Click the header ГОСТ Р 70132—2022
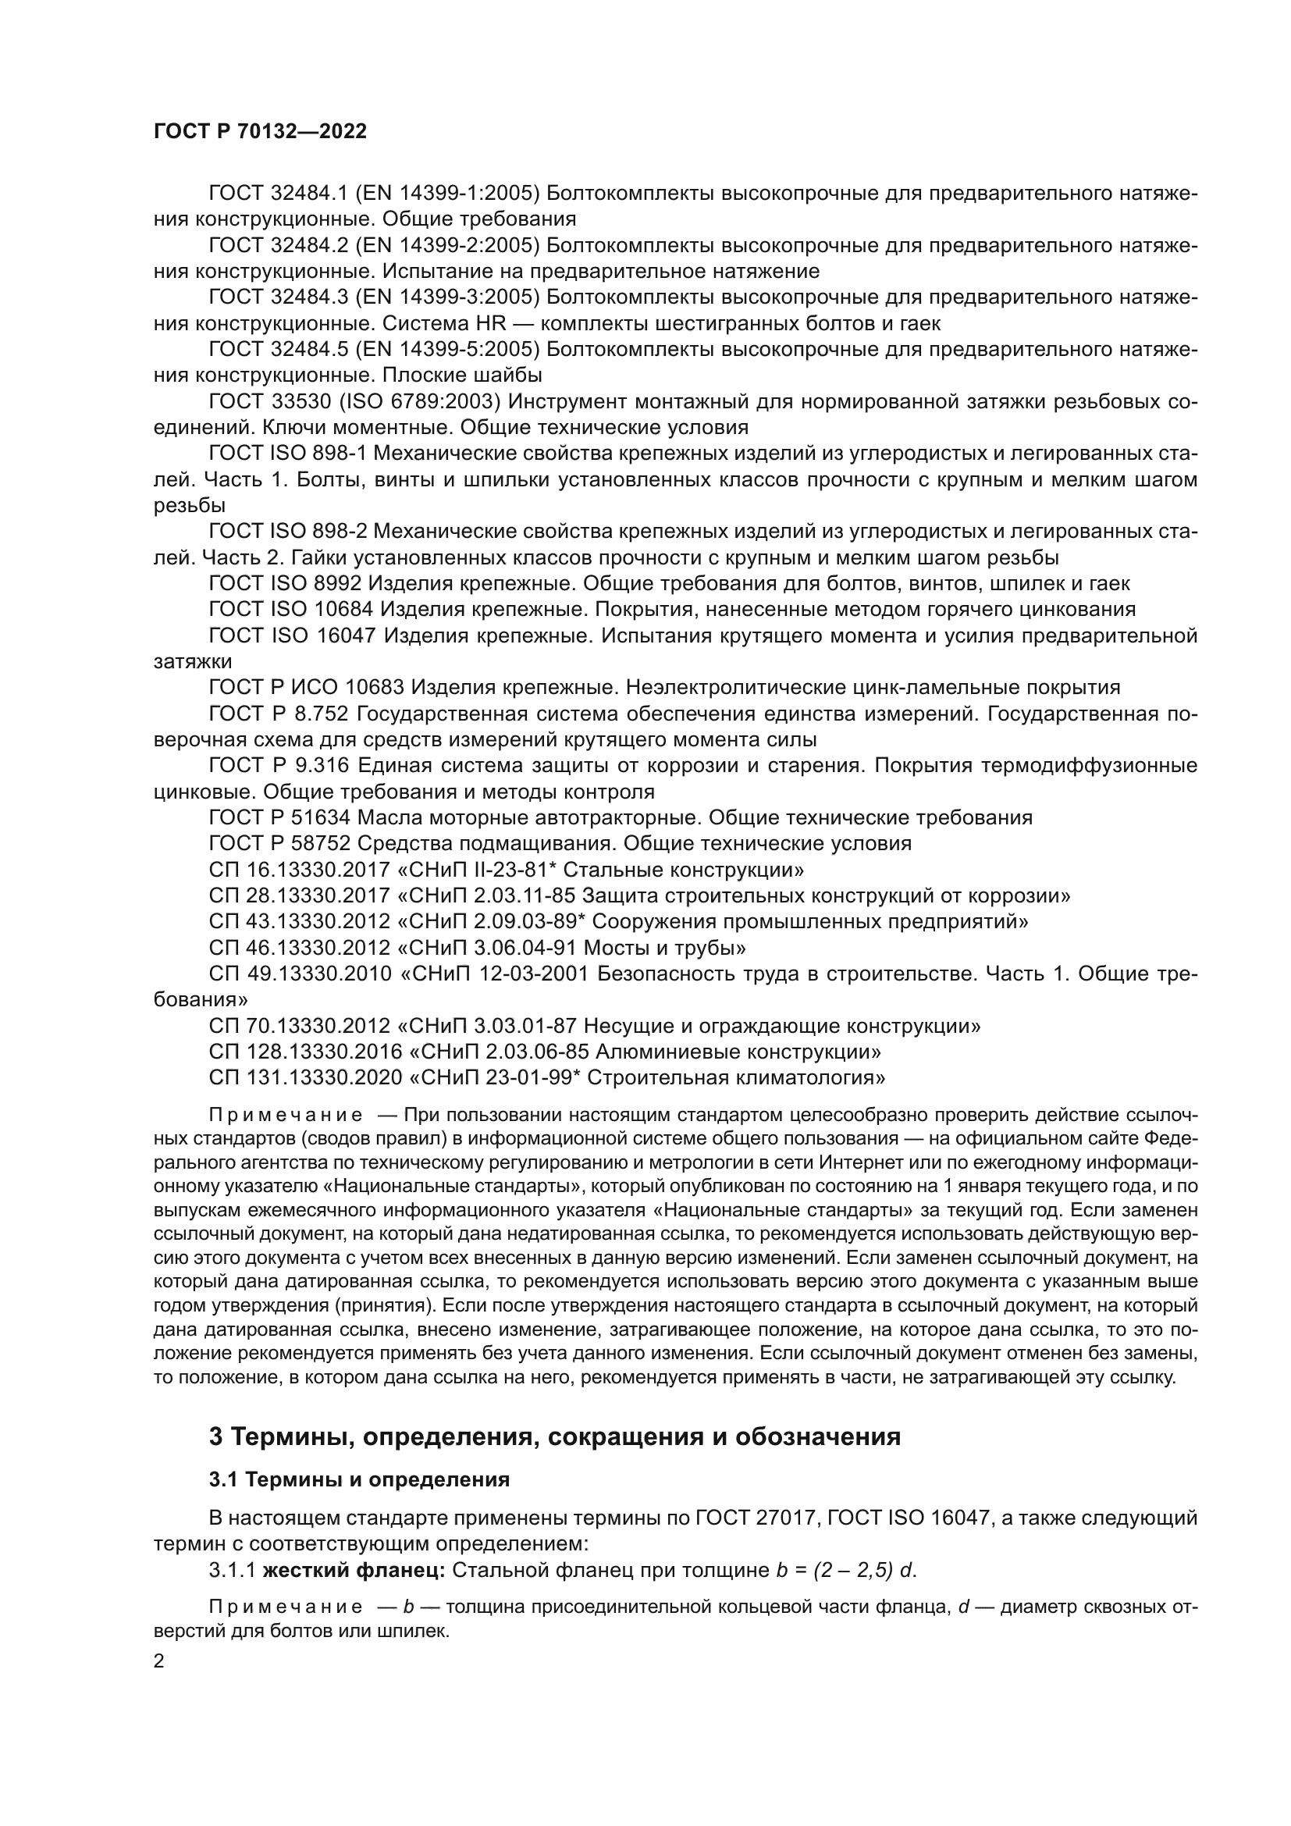point(260,132)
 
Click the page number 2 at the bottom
point(159,1661)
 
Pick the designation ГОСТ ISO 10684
point(291,610)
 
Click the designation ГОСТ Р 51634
point(280,817)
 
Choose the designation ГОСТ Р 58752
point(280,843)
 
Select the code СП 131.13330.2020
point(305,1078)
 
